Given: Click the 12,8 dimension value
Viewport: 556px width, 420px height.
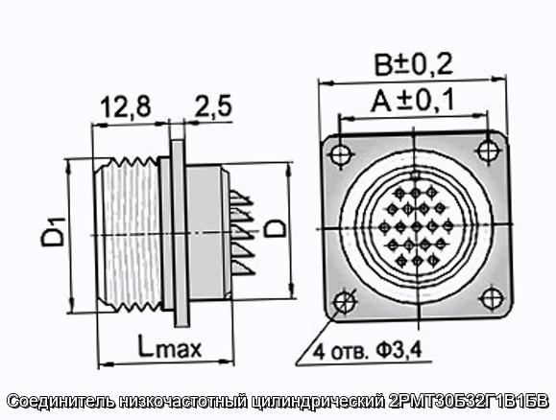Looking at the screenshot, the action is [126, 106].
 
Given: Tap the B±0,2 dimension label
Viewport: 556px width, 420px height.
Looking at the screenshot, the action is [414, 65].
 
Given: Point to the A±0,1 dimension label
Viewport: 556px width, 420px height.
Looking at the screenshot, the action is [413, 101].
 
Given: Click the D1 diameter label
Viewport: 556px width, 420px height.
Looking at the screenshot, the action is [54, 232].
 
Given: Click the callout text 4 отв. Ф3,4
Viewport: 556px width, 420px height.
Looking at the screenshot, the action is [368, 351].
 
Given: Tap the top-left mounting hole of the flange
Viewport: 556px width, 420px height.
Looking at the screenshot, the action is [342, 154].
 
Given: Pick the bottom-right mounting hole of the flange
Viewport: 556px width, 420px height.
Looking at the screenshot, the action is [493, 298].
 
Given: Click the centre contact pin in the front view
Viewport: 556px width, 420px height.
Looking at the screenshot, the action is [417, 227].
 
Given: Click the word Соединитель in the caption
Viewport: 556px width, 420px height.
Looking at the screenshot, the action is [61, 401].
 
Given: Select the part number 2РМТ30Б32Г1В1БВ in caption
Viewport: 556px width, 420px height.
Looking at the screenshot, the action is [469, 401].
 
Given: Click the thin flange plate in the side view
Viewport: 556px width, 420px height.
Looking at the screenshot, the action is [180, 233].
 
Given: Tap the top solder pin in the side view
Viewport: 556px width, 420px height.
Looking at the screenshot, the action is [240, 198].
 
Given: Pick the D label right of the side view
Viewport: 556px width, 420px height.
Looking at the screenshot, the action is [276, 227].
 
